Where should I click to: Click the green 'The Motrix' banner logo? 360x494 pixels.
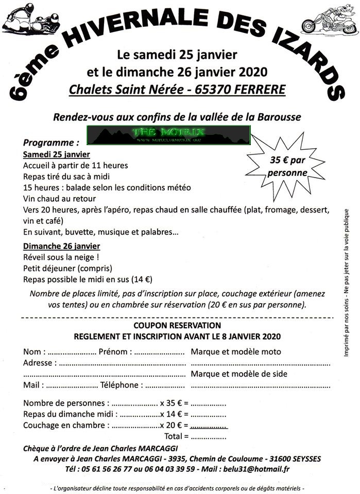pyautogui.click(x=168, y=135)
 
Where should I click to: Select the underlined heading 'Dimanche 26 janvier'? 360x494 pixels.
pyautogui.click(x=62, y=246)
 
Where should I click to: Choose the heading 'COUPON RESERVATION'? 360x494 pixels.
pyautogui.click(x=177, y=325)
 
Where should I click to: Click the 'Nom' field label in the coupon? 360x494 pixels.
pyautogui.click(x=32, y=352)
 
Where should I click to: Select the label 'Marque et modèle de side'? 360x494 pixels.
pyautogui.click(x=239, y=374)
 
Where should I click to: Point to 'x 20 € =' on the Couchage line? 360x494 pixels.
pyautogui.click(x=174, y=426)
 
